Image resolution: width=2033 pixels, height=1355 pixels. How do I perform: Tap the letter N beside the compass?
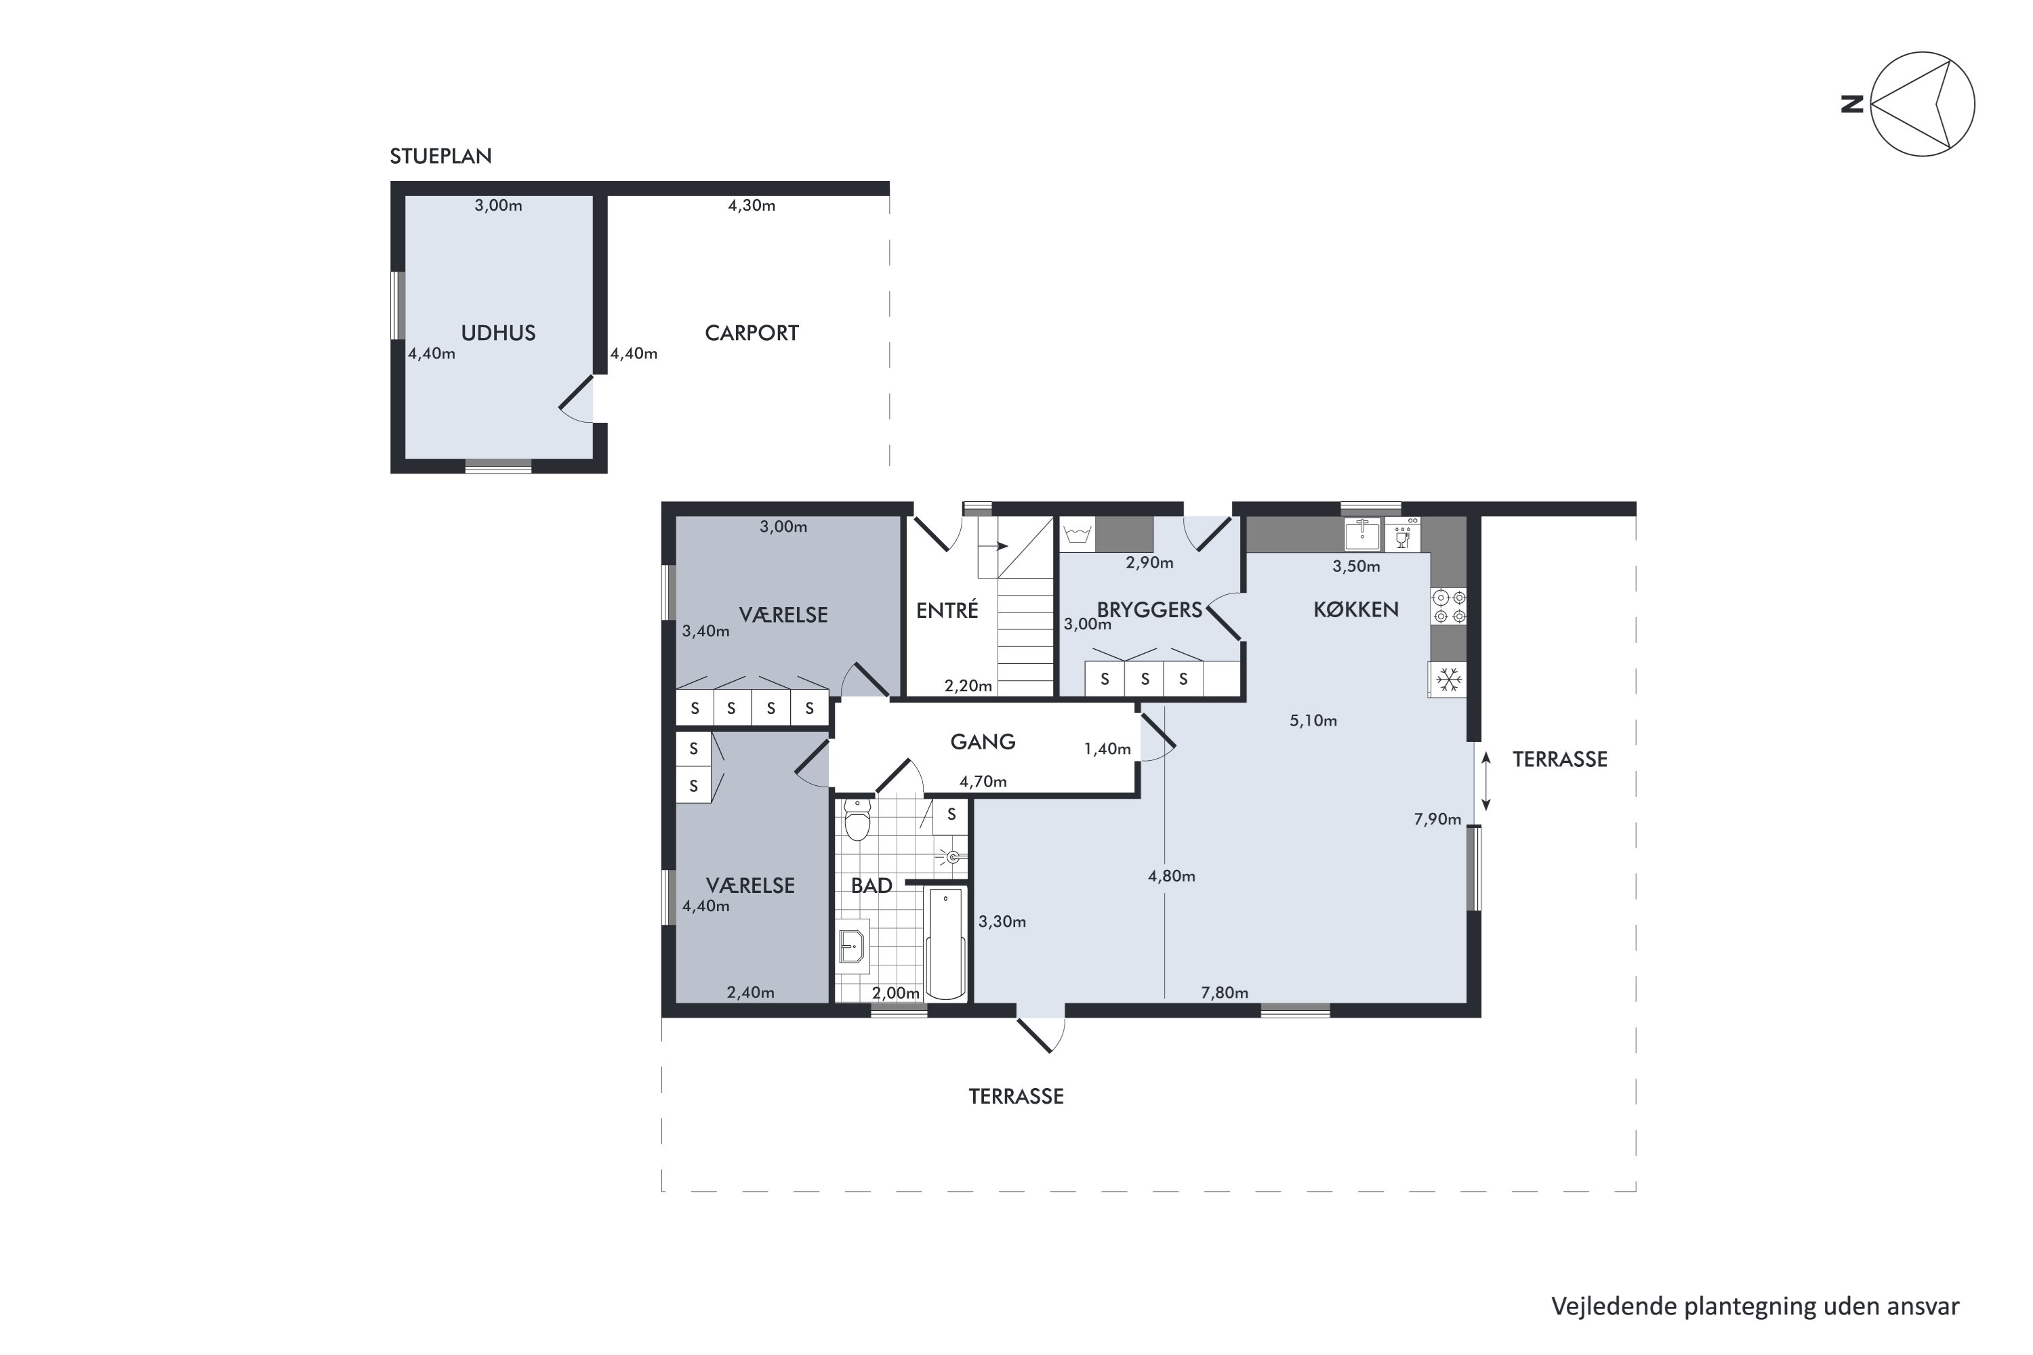(1851, 104)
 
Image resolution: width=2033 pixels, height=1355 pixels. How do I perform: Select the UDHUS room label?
(498, 333)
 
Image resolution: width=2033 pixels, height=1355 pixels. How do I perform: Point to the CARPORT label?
(751, 333)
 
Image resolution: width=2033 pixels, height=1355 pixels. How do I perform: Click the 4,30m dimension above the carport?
(751, 206)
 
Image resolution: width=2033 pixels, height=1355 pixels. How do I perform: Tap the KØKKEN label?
(1355, 609)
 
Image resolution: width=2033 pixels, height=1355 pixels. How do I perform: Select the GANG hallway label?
(983, 741)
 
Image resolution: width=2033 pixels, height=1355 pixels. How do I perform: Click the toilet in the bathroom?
(857, 819)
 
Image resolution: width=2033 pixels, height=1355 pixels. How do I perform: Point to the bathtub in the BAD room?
(945, 943)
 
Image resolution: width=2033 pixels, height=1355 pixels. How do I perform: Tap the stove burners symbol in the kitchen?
(1449, 606)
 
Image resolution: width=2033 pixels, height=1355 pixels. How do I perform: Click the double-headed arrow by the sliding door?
(1487, 781)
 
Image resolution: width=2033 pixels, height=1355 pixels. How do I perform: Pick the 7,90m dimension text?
(1437, 819)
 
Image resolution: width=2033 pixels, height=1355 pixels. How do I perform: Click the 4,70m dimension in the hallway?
(983, 782)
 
